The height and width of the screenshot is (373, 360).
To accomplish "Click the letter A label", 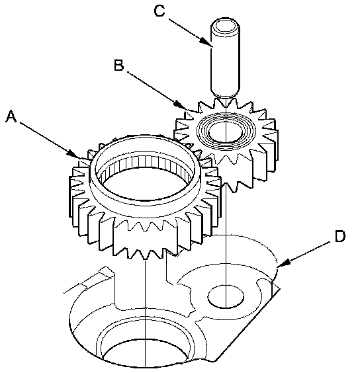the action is point(11,116).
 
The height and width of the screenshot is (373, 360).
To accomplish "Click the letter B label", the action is point(119,65).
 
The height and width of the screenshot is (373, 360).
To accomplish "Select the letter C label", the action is point(159,11).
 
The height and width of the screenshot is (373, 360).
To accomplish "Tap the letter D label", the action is point(339,236).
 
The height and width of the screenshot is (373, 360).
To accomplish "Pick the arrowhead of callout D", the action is point(284,263).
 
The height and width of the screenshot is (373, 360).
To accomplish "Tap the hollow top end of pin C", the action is point(225,26).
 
